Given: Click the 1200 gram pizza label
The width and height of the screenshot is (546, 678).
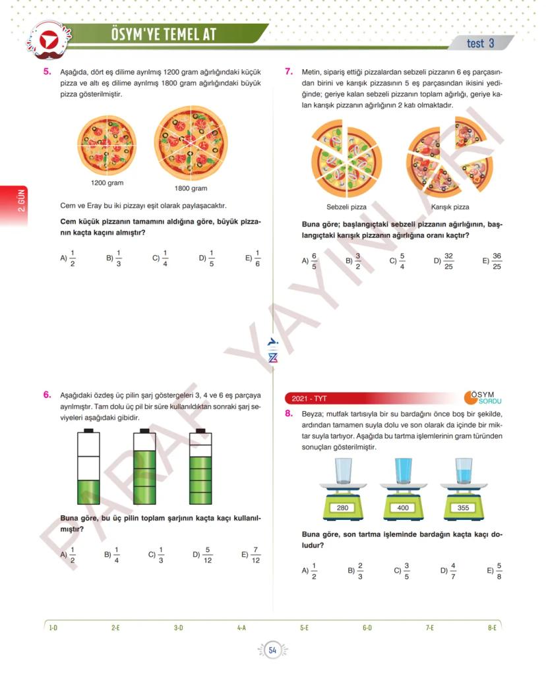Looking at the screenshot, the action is click(x=107, y=183).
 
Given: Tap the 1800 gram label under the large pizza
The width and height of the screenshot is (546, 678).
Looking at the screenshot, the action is click(x=191, y=188).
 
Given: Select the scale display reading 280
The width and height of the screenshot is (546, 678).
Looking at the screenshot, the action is click(x=342, y=507).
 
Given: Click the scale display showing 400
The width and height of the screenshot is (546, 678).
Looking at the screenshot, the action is click(x=403, y=507).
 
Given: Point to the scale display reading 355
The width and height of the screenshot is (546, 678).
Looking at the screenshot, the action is click(x=463, y=507).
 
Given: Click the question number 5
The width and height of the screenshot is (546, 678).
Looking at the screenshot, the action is click(x=47, y=72).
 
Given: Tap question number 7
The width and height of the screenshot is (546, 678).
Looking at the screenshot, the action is click(x=289, y=72).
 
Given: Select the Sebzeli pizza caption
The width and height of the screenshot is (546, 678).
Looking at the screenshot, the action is click(x=346, y=207).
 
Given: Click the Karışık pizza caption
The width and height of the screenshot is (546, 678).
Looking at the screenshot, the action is click(x=450, y=207).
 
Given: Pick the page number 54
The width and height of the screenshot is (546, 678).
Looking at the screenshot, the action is click(x=272, y=650).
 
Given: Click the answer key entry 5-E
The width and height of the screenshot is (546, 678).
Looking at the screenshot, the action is click(x=304, y=627).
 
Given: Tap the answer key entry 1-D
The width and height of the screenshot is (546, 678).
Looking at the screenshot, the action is click(x=53, y=627).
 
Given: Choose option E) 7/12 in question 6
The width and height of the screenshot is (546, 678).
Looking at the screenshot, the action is click(x=251, y=555).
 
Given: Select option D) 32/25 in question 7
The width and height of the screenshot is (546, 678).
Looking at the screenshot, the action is click(x=444, y=261).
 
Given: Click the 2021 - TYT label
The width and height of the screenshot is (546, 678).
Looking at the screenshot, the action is click(x=309, y=399).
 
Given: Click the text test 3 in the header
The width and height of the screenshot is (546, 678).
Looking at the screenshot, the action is click(x=480, y=43).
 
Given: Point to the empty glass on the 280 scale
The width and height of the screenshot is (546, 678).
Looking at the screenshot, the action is click(x=343, y=471).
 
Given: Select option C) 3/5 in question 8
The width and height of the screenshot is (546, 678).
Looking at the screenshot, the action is click(x=402, y=571).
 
